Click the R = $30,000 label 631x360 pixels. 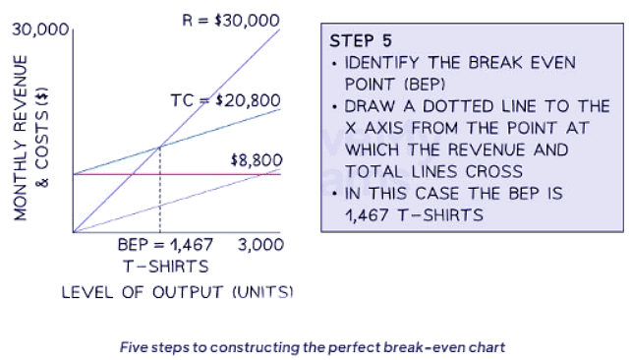point(232,20)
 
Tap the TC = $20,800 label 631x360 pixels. point(225,100)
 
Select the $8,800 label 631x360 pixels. point(257,159)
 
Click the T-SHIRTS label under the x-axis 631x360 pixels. point(165,266)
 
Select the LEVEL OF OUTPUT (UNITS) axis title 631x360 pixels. point(177,292)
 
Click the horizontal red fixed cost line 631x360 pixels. point(216,174)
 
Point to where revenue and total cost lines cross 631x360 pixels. point(160,148)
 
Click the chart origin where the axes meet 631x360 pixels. point(72,232)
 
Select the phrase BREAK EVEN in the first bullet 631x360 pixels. point(525,63)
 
